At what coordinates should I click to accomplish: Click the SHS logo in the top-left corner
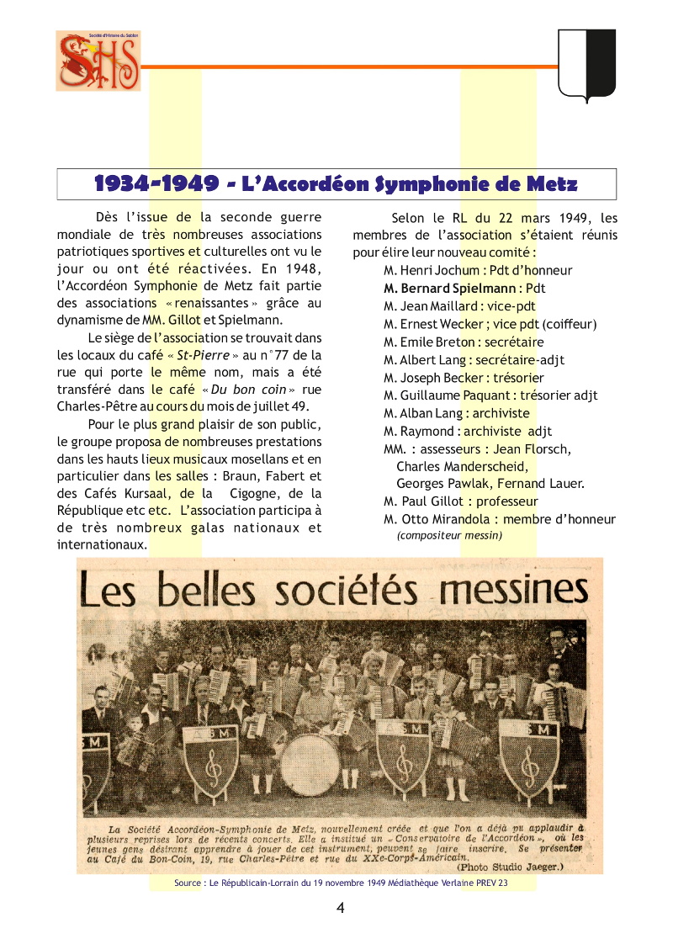tap(98, 61)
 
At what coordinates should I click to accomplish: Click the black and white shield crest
tap(586, 64)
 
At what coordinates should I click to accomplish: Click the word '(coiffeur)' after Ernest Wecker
tap(570, 324)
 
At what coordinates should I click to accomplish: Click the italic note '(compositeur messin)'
tap(449, 535)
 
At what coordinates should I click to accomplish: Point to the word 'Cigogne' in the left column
tap(253, 493)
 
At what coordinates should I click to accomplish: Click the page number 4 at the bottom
tap(340, 907)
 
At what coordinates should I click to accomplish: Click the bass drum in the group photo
tap(311, 764)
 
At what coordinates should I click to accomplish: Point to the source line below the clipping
tap(341, 883)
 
